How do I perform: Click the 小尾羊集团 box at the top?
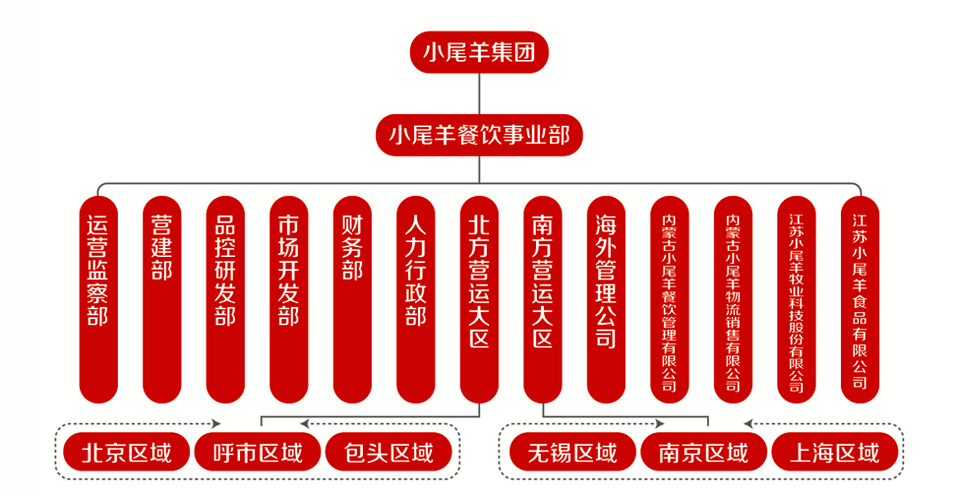point(479,52)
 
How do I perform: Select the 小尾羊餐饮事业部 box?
point(479,134)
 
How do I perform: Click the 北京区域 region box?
point(127,453)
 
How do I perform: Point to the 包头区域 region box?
point(389,453)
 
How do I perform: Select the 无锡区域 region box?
point(572,453)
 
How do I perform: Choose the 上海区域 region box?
point(835,453)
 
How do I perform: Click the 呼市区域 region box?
point(258,453)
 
